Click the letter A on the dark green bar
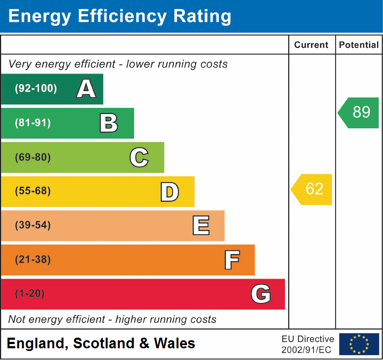86,89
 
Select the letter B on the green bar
109,123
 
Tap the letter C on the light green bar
139,157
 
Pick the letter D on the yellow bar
169,192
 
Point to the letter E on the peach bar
200,226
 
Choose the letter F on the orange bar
231,260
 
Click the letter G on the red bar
260,294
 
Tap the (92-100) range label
36,89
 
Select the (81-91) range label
33,123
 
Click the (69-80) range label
33,157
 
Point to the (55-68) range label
33,191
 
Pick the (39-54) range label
33,225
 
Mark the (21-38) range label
33,259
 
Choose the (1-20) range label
30,293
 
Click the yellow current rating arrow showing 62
312,189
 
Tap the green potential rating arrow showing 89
358,112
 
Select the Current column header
312,45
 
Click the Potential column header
358,45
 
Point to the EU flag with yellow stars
359,344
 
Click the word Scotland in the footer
104,343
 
